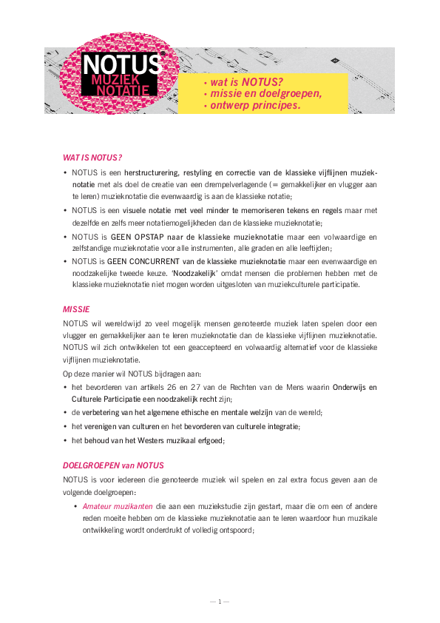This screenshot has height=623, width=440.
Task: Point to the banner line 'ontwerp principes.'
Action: pyautogui.click(x=255, y=105)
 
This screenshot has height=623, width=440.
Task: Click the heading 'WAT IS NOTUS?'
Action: pyautogui.click(x=92, y=158)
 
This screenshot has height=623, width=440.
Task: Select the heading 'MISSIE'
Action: pyautogui.click(x=76, y=307)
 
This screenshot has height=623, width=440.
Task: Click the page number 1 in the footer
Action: pyautogui.click(x=220, y=601)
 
